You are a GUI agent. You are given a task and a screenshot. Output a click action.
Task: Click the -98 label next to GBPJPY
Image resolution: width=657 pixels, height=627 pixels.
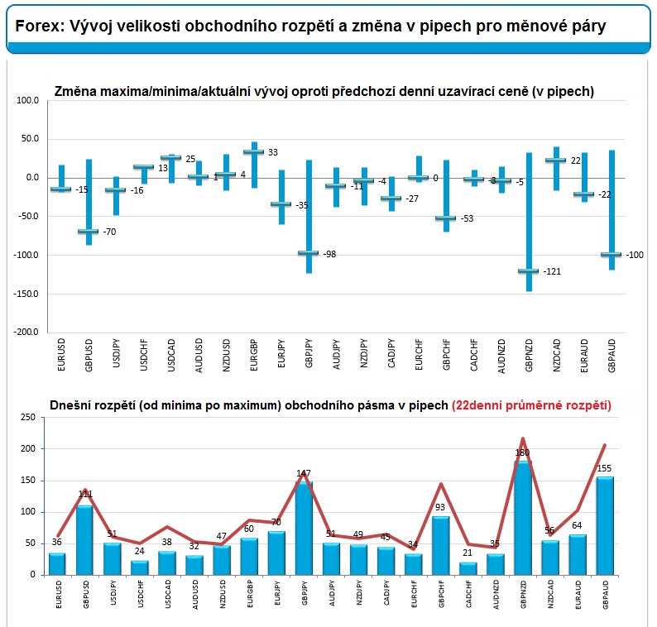(x=330, y=254)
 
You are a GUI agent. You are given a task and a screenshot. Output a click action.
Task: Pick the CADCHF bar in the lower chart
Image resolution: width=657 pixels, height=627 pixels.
(x=468, y=568)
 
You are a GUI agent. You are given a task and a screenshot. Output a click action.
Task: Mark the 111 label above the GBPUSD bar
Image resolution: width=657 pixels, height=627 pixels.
(x=85, y=494)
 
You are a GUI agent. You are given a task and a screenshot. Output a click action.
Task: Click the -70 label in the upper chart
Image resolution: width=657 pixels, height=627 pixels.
(x=109, y=232)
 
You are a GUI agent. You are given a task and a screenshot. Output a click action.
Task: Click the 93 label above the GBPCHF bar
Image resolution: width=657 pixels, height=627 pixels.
(x=441, y=508)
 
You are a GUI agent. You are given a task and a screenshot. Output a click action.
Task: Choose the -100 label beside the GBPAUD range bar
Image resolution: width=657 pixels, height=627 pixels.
(x=634, y=255)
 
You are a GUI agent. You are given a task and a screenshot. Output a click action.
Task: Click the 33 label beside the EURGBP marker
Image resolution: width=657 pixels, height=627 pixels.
(x=273, y=152)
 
